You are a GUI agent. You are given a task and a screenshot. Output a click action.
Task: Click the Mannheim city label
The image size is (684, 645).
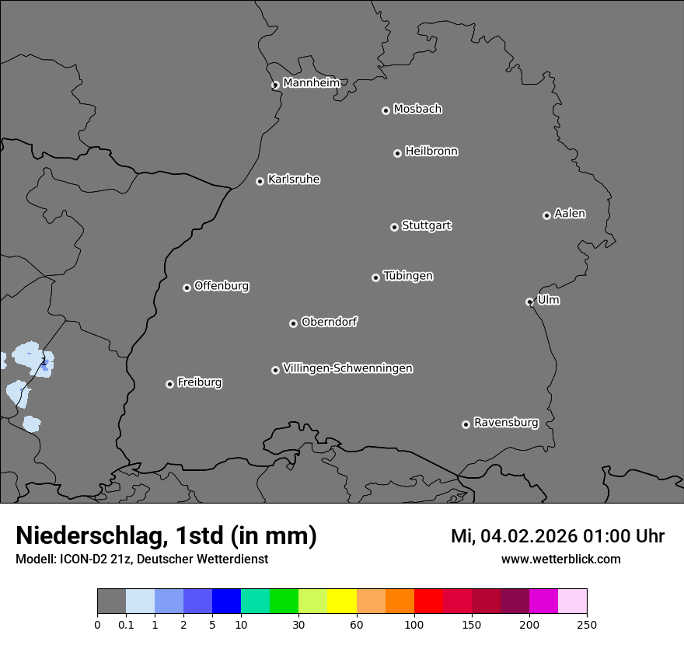pos(311,82)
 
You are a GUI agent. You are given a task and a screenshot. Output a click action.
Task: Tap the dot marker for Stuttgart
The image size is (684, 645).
pos(395,227)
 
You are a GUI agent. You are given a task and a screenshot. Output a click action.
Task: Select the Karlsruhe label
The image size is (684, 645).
pos(294,180)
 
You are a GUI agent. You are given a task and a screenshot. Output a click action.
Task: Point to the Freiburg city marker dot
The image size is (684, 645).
pos(169,384)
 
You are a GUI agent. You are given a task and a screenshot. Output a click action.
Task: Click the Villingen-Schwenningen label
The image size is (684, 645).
pos(347,368)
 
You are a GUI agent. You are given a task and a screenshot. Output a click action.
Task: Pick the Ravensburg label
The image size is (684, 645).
pos(506,423)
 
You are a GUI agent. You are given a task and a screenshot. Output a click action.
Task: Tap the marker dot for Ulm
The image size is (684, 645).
pos(530,302)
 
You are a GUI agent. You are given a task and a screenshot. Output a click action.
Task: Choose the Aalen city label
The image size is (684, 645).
pos(570,214)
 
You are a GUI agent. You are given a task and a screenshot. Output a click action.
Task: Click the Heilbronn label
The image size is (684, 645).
pos(431,152)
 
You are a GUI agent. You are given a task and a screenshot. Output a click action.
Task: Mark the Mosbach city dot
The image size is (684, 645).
pos(386,110)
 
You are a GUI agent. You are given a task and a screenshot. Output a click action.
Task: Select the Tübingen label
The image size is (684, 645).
pos(408,276)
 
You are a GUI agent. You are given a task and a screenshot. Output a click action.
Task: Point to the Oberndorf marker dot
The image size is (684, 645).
pos(294,323)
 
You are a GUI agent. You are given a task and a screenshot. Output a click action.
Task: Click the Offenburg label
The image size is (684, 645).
pos(222,286)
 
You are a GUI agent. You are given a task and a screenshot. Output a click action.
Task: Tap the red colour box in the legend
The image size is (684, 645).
pos(428,601)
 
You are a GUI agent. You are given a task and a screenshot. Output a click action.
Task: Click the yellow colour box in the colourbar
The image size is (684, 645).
pos(342,601)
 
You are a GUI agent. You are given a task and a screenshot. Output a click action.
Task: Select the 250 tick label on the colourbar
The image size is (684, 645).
pos(587,623)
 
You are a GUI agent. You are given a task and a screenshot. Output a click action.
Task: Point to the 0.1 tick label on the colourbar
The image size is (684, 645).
pos(126,623)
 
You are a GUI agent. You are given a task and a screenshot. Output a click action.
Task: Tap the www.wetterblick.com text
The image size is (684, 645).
pos(560,559)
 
